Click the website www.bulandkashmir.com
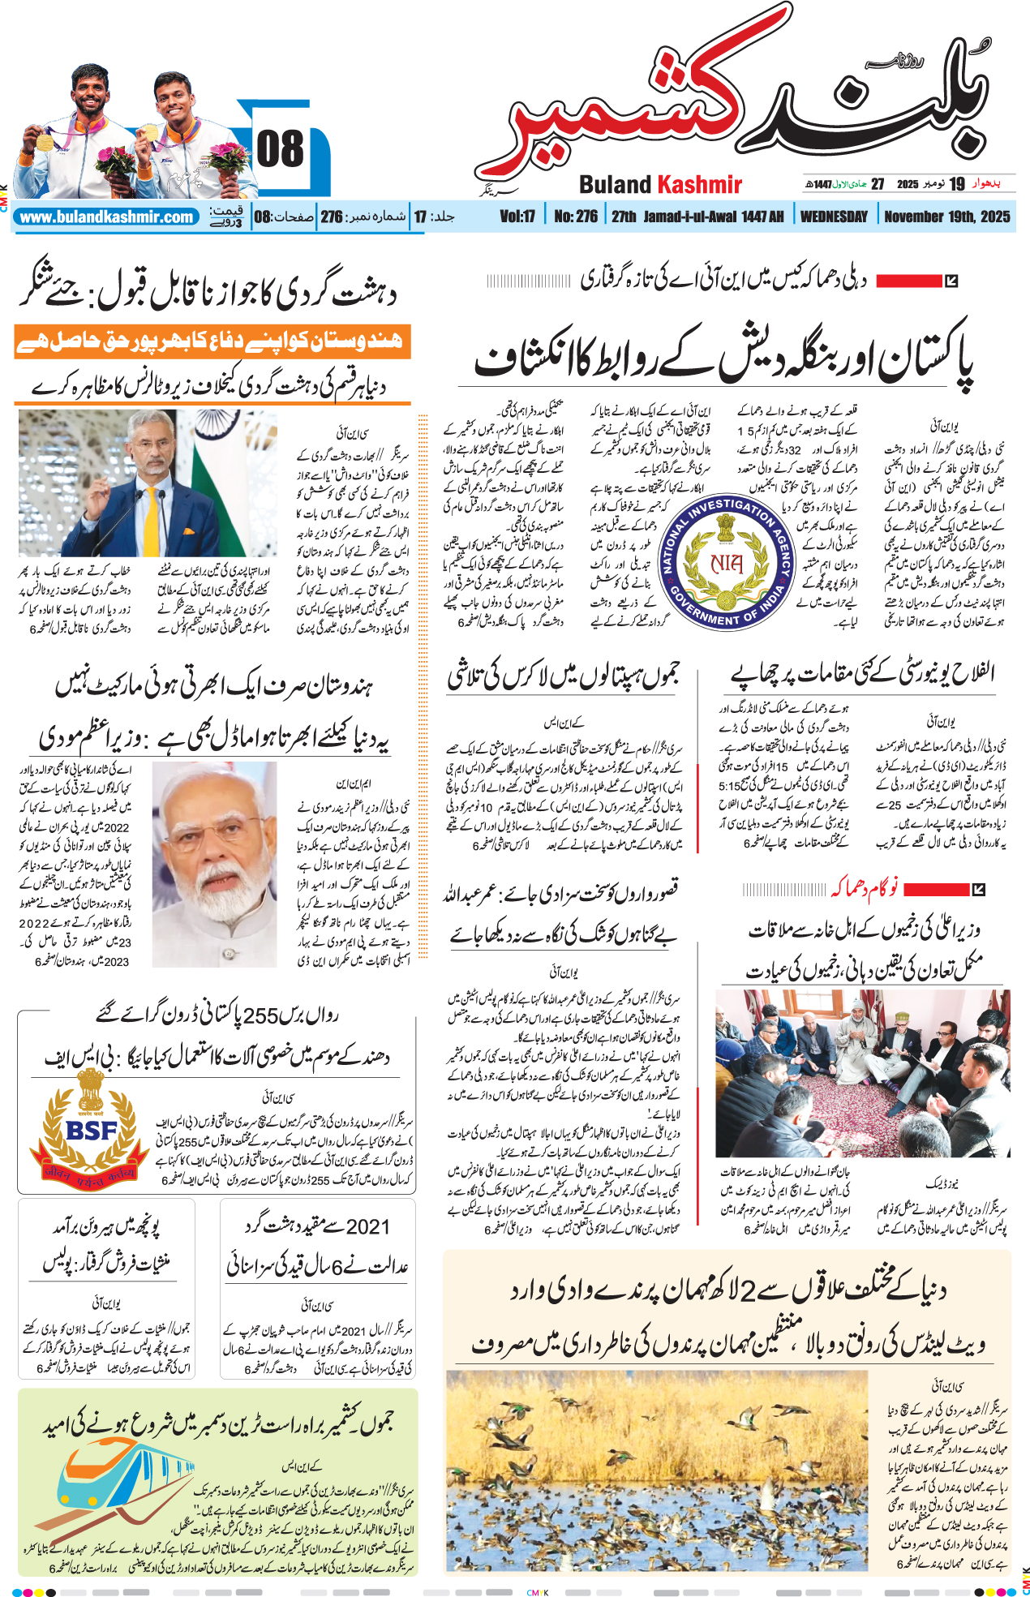(x=106, y=217)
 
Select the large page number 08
(x=280, y=149)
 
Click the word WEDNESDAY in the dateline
(x=833, y=217)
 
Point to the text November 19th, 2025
(x=946, y=217)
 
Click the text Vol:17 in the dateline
(x=517, y=217)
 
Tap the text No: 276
(x=576, y=217)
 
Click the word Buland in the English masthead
(x=615, y=185)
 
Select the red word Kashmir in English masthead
(x=699, y=185)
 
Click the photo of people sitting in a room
(x=862, y=1072)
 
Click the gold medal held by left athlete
(x=45, y=141)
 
